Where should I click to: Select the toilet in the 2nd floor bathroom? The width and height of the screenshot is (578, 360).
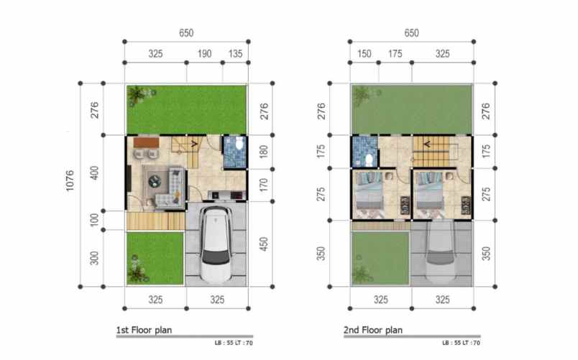pos(368,158)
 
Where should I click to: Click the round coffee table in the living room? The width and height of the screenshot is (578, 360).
pos(156,182)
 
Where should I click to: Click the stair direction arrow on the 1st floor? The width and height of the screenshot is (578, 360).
pos(195,142)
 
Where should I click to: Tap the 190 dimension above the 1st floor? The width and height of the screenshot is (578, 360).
pos(203,54)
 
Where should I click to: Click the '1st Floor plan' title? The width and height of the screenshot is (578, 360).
pos(144,331)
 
